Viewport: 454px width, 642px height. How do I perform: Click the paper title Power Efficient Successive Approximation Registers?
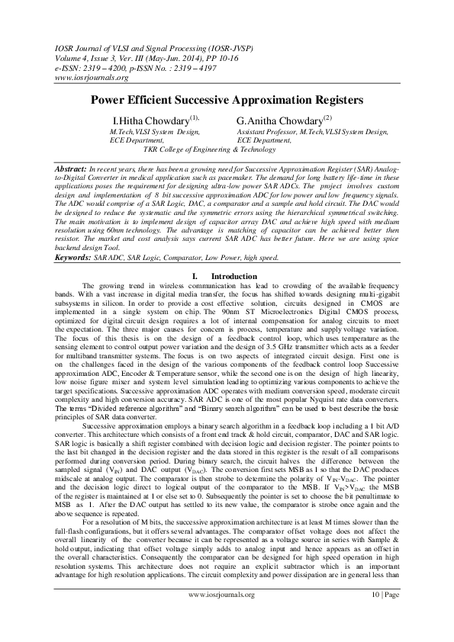[x=227, y=99]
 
